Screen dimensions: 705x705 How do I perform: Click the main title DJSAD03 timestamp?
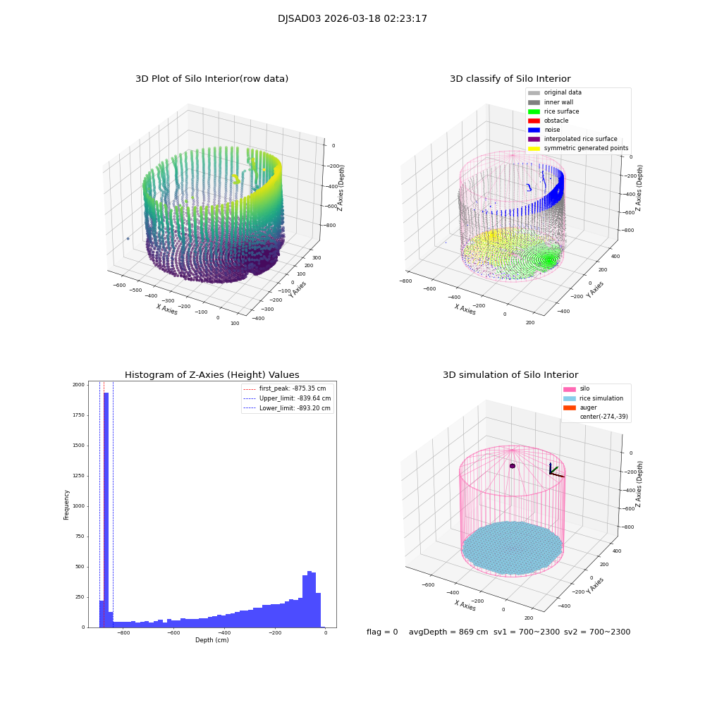coord(352,19)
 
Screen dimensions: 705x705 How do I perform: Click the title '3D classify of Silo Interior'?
coord(510,79)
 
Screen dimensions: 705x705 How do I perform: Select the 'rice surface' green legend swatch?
coord(534,111)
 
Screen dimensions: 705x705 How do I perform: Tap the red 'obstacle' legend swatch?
coord(534,121)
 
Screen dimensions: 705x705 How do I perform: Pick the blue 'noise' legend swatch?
coord(534,130)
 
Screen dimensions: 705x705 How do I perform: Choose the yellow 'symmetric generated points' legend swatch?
coord(534,148)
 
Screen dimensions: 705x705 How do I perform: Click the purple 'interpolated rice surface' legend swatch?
coord(534,139)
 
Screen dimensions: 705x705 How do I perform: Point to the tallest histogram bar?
coord(106,508)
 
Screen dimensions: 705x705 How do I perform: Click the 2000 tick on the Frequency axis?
coord(78,385)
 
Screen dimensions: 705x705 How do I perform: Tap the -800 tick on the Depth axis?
coord(123,633)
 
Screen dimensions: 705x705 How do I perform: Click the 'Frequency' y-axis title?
coord(67,505)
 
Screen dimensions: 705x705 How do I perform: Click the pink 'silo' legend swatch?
coord(568,389)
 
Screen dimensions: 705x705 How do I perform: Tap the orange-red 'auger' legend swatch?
coord(568,407)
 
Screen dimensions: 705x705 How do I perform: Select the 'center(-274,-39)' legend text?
coord(603,417)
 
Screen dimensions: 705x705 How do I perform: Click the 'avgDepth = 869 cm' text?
coord(448,632)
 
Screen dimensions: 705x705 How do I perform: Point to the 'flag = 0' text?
coord(382,632)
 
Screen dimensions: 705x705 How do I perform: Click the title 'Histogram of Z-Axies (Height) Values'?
coord(211,375)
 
